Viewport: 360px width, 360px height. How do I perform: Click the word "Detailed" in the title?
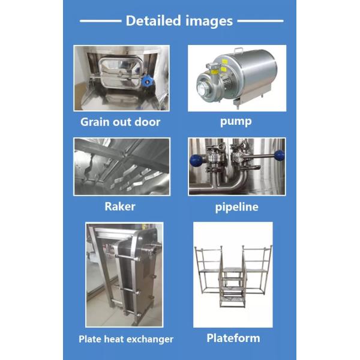point(154,20)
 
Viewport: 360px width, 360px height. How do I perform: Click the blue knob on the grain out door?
point(147,80)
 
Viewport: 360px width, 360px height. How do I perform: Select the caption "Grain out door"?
point(120,122)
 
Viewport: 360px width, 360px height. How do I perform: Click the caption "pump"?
point(236,122)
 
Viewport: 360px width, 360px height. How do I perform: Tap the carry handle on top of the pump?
point(238,50)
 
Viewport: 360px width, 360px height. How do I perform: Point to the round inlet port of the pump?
point(203,89)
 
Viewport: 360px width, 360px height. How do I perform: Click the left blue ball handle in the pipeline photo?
point(196,160)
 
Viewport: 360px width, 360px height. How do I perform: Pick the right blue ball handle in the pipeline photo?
point(280,155)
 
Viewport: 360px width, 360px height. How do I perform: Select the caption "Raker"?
point(120,206)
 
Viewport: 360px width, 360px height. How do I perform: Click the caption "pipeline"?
point(237,208)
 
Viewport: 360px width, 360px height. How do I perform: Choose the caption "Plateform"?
point(233,338)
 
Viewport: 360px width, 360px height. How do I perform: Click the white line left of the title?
point(100,21)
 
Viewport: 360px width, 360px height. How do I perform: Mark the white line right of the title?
point(260,21)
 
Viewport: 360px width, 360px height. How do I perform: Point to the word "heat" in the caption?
point(113,339)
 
